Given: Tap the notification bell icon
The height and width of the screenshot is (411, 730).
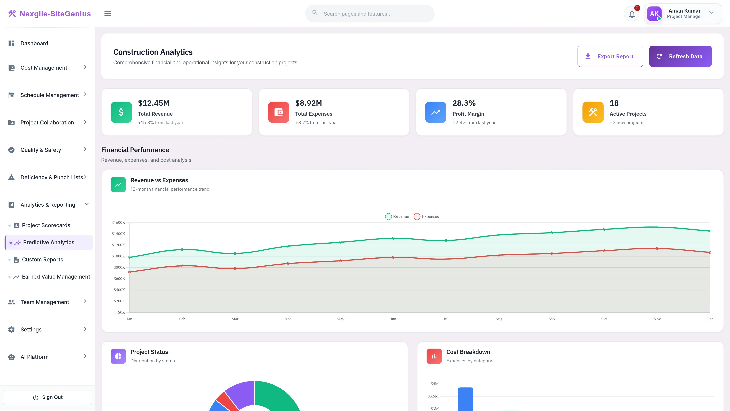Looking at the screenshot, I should (x=632, y=14).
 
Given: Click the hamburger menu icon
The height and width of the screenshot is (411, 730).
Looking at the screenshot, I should (x=108, y=14).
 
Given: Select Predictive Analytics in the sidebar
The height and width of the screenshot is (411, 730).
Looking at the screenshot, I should (x=49, y=243).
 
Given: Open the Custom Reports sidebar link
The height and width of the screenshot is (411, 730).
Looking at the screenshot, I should (x=43, y=260).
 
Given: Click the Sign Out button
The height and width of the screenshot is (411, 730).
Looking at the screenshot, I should (x=48, y=397).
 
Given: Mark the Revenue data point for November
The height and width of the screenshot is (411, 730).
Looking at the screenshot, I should (x=657, y=227).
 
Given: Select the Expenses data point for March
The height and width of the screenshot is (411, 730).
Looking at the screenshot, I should (x=235, y=269).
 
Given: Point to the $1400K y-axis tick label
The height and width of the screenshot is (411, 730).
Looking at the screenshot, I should (x=118, y=234).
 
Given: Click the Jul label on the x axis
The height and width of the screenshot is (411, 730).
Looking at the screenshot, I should (x=446, y=319).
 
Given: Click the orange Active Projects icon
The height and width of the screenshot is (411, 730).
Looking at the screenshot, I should (x=593, y=112).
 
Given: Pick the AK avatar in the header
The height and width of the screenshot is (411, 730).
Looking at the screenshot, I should (x=654, y=14).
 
